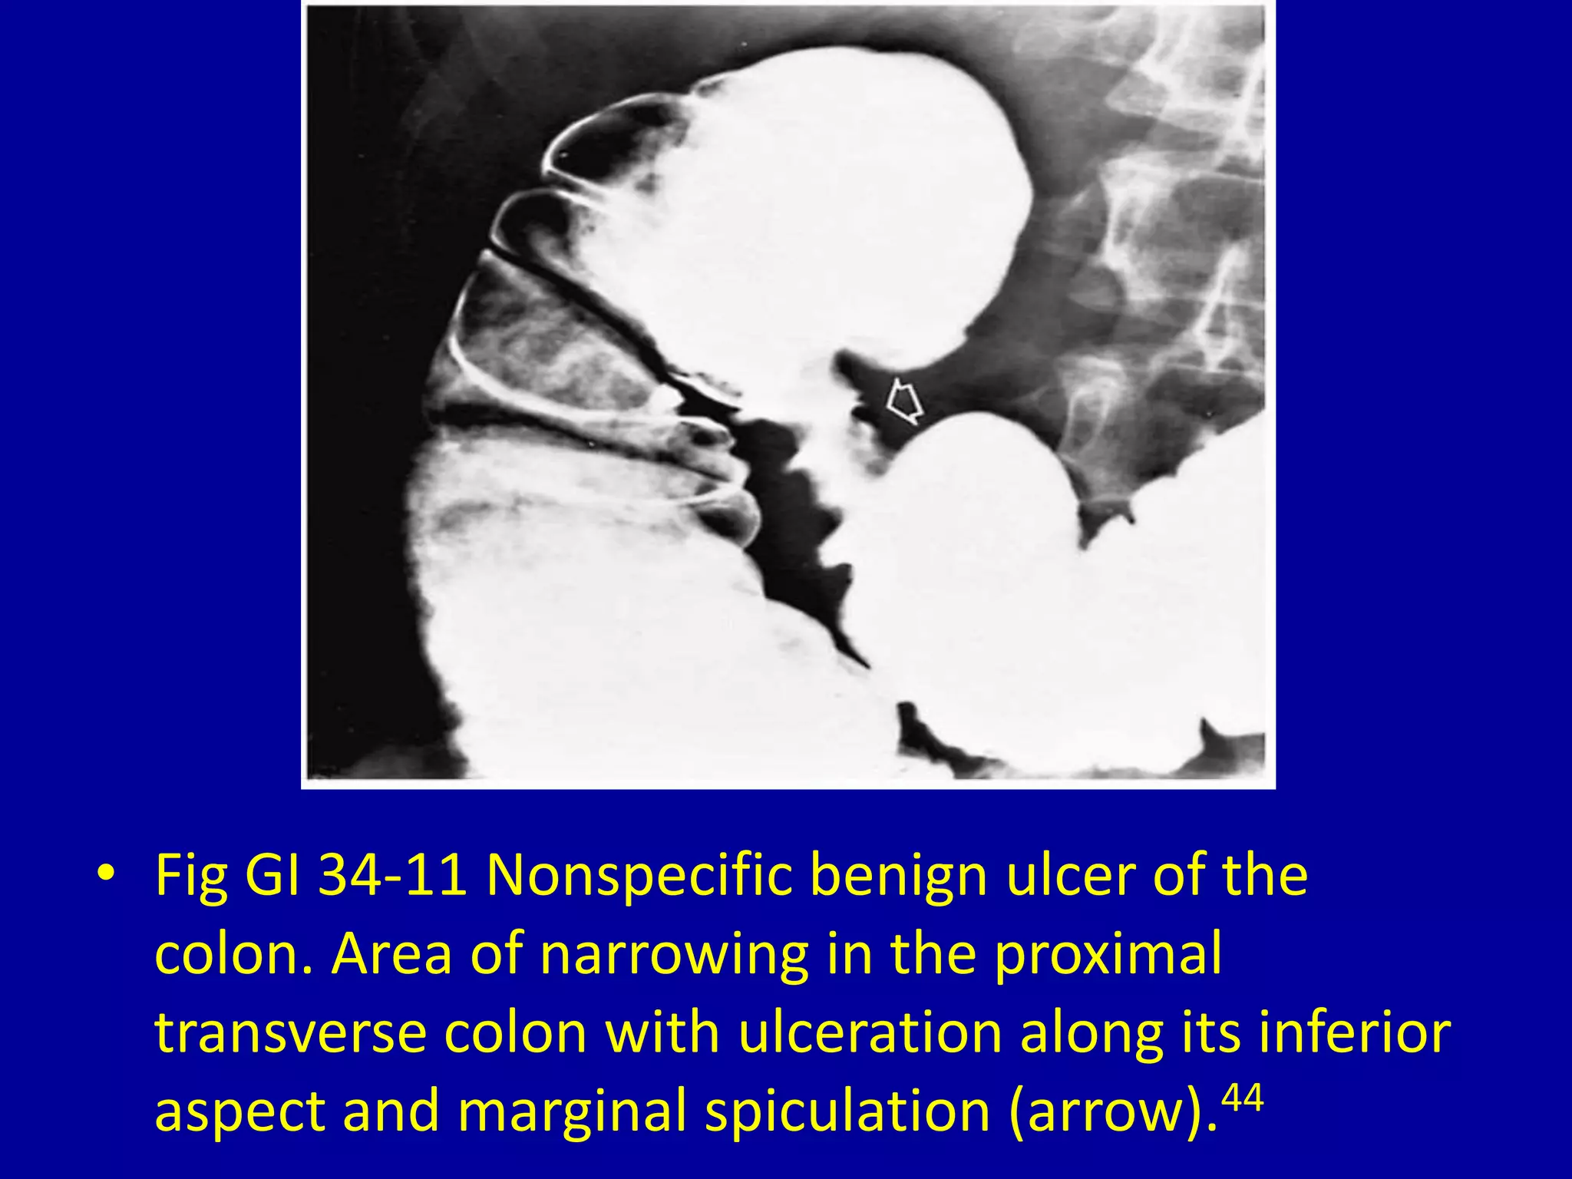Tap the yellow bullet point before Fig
pos(105,875)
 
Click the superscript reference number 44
pos(1241,1098)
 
